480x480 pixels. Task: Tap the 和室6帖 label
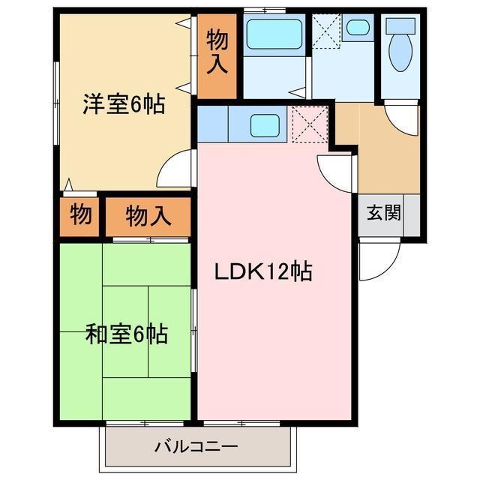126,334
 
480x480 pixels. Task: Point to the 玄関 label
383,213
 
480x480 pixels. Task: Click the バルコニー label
196,448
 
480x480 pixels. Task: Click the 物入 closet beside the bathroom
217,54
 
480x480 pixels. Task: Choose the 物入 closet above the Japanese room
148,217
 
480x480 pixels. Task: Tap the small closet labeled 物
81,215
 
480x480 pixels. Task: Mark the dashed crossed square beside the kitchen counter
309,124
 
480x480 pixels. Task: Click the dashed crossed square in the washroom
326,30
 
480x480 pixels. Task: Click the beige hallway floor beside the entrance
386,161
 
